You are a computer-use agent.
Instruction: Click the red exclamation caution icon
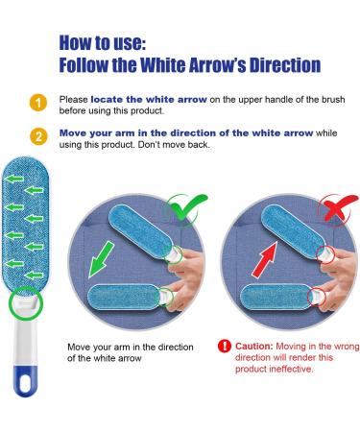[225, 346]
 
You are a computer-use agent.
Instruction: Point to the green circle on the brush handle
[19, 306]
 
